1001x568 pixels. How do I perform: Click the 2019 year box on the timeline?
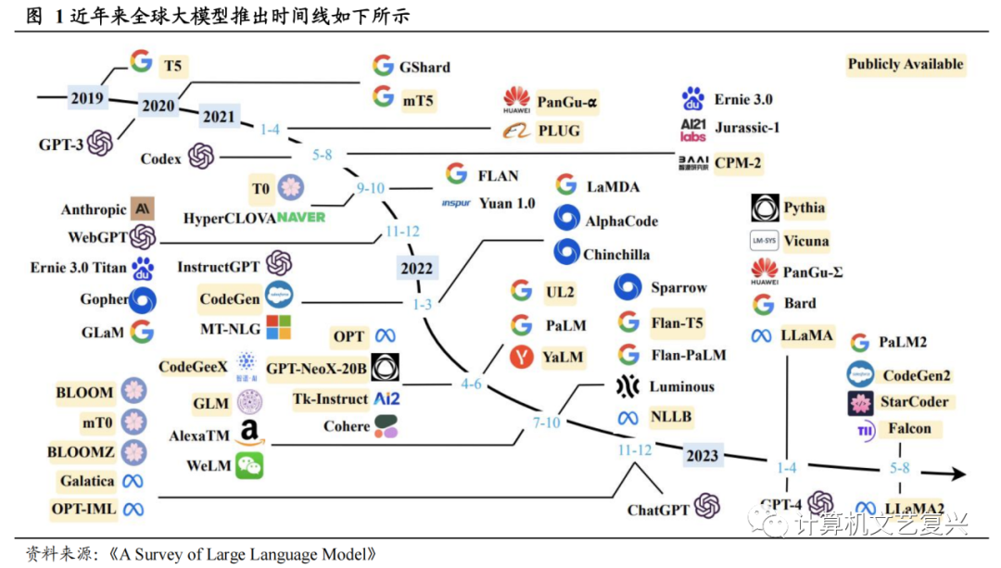87,96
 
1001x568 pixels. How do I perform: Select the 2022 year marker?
416,269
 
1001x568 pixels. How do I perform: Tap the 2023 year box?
702,455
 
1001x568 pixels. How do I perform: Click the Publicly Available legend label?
905,64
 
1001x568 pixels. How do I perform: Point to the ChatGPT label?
658,510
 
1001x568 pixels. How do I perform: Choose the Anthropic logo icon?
143,208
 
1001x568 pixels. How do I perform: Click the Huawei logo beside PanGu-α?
516,99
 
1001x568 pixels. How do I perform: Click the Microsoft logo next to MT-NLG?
278,328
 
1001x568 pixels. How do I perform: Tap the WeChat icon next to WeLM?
249,466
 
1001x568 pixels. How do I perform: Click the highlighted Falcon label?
909,428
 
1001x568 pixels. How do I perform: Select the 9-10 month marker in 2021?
370,188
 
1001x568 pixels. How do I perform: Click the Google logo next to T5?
141,62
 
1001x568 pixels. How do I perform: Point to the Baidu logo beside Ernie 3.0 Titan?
142,269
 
